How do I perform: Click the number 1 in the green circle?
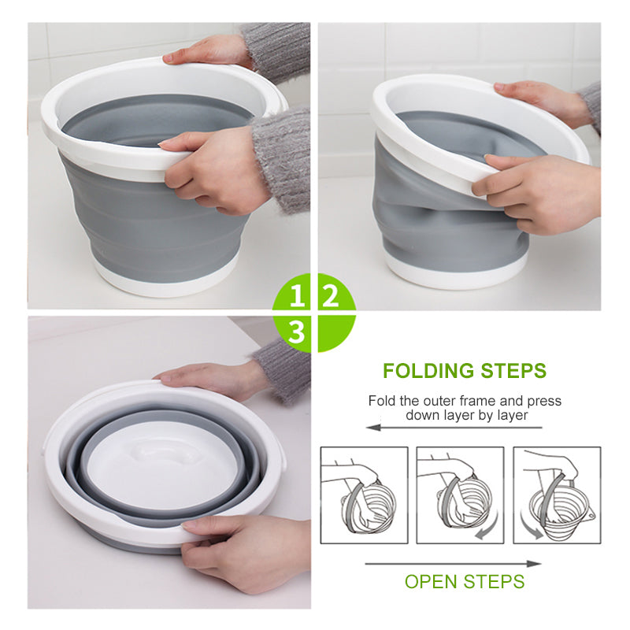point(297,297)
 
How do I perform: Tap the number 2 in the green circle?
point(332,297)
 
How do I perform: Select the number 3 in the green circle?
point(297,332)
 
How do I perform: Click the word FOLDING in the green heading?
point(430,371)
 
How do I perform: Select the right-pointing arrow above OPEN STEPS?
point(453,563)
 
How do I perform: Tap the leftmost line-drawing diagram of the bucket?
point(364,495)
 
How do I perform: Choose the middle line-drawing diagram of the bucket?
point(460,495)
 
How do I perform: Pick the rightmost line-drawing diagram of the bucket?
point(557,495)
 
